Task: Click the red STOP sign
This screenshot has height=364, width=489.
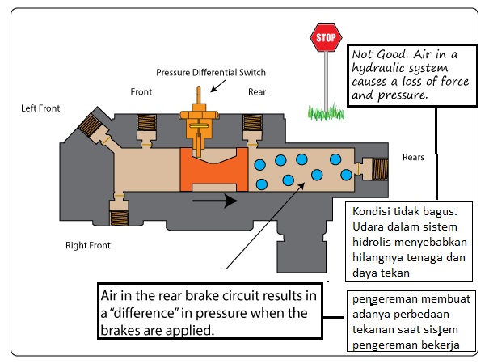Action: point(325,37)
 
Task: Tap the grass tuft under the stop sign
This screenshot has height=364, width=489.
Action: point(325,109)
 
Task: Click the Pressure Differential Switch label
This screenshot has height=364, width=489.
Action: point(210,72)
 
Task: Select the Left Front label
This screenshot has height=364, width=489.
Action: point(40,108)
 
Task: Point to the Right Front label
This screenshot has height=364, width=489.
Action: point(87,244)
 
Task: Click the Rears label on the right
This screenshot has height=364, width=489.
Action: point(413,158)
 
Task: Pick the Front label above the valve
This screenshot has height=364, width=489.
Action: point(141,92)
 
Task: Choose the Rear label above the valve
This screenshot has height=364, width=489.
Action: point(257,92)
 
